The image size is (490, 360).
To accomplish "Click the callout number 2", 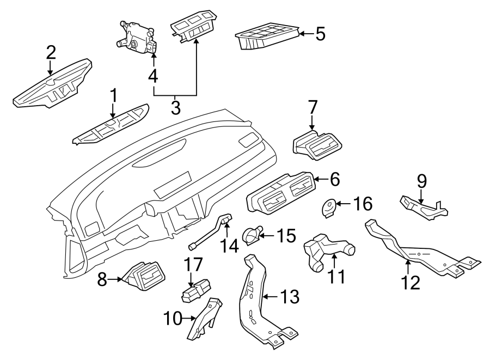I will point(51,52).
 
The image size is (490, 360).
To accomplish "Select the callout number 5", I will point(320,34).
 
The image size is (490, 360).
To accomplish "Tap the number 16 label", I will point(363,204).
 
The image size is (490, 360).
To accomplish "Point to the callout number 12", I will point(411,282).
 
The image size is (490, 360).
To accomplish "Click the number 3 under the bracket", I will point(175,107).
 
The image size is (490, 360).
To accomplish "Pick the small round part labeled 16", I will point(328,208).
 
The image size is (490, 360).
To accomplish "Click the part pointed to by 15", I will point(252,235).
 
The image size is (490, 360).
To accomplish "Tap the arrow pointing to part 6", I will point(320,178).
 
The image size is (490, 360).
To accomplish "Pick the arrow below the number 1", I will point(113,112).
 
